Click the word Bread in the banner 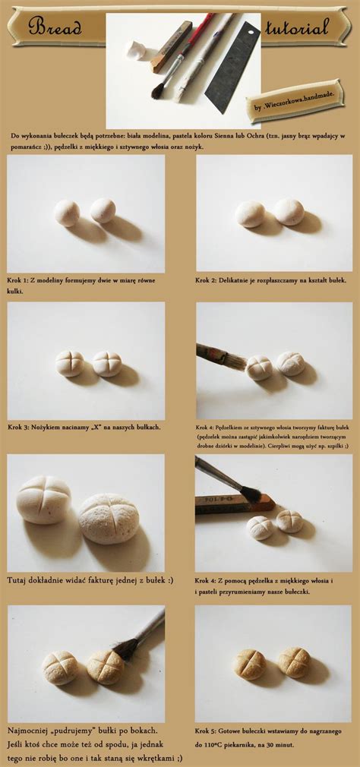pyautogui.click(x=55, y=28)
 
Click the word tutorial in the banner pyautogui.click(x=297, y=28)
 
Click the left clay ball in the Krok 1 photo pyautogui.click(x=67, y=213)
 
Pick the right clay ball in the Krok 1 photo pyautogui.click(x=103, y=210)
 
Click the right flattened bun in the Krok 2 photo pyautogui.click(x=289, y=212)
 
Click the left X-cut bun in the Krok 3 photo pyautogui.click(x=70, y=364)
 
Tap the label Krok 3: pyautogui.click(x=21, y=427)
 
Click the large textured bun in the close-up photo pyautogui.click(x=109, y=519)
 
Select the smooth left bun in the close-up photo pyautogui.click(x=44, y=499)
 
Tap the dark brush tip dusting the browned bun pyautogui.click(x=126, y=648)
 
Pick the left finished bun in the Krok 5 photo pyautogui.click(x=250, y=664)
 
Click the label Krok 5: pyautogui.click(x=207, y=731)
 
